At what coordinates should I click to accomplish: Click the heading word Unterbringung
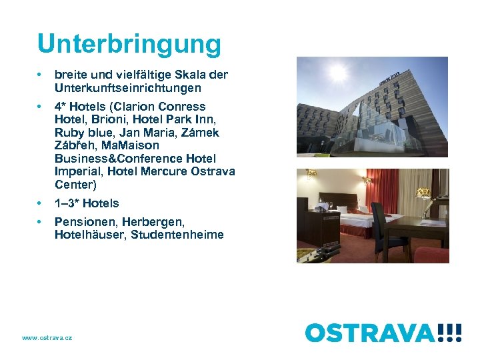click(x=129, y=44)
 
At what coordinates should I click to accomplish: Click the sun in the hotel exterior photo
click(x=338, y=72)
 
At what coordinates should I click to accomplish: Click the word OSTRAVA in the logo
click(x=370, y=333)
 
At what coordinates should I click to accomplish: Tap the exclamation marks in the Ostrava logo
click(x=450, y=333)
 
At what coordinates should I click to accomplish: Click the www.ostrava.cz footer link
click(x=47, y=338)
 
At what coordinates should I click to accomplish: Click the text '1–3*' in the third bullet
click(x=67, y=203)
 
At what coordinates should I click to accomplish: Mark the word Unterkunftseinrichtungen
click(x=127, y=87)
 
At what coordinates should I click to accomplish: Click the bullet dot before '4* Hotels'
click(x=41, y=107)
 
